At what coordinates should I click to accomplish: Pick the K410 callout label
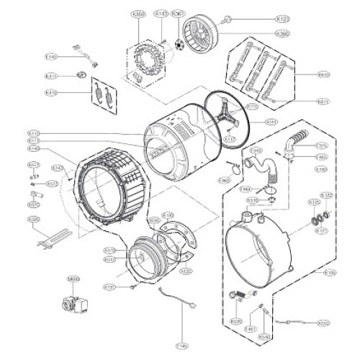coord(51,92)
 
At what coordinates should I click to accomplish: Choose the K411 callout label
coord(51,76)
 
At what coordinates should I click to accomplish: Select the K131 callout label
coord(109,287)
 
